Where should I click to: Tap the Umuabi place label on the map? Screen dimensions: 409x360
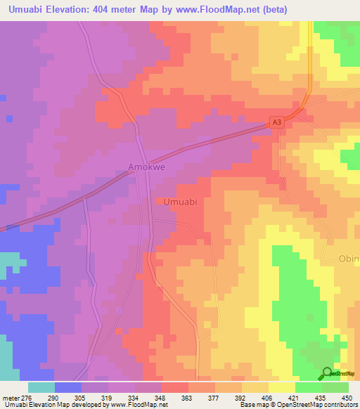click(179, 202)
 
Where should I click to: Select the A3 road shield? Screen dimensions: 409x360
click(279, 123)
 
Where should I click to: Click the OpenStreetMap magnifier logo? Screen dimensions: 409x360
click(328, 374)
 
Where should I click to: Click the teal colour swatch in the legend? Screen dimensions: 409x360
click(41, 388)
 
